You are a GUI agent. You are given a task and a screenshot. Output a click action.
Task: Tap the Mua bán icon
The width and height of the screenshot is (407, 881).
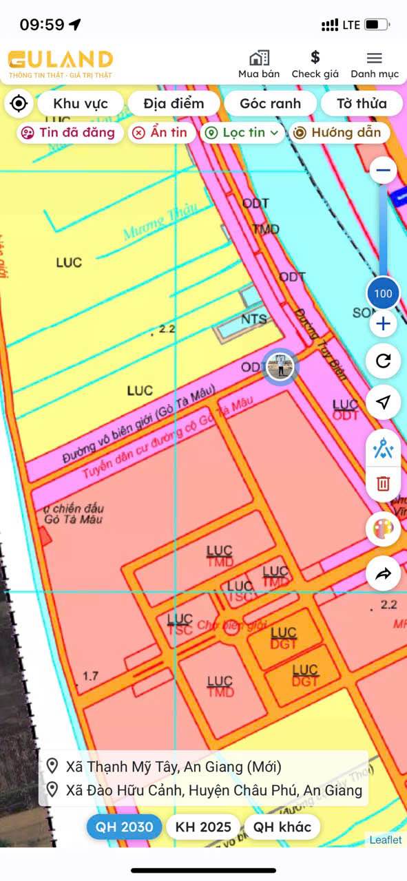tap(259, 58)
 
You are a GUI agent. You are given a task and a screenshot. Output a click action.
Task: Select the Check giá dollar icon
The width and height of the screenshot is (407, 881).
tap(315, 57)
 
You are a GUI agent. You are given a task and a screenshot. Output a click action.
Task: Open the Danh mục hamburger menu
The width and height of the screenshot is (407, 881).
tap(374, 58)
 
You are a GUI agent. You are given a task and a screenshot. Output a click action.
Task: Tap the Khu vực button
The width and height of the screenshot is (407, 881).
tap(81, 104)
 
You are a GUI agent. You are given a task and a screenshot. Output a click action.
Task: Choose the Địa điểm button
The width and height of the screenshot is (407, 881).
tap(174, 104)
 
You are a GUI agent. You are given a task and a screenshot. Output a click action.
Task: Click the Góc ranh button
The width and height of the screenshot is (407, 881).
tap(270, 104)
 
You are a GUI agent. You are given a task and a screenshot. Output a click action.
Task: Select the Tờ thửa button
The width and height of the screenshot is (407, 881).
tap(361, 104)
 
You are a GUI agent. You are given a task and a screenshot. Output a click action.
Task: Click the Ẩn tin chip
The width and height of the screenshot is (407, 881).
tap(160, 133)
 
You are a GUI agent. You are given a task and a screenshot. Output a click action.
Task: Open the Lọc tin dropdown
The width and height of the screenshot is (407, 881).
tap(242, 133)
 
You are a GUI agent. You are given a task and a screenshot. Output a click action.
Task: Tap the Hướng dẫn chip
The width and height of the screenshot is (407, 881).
tap(338, 133)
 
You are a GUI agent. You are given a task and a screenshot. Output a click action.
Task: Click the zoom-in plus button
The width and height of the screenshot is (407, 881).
tap(383, 323)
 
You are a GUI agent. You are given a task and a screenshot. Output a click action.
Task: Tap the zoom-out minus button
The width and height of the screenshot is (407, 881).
tap(383, 170)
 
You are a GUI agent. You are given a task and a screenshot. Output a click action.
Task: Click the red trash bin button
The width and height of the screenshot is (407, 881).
tap(383, 483)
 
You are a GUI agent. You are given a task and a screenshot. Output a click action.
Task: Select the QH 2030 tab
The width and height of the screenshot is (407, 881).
tap(124, 827)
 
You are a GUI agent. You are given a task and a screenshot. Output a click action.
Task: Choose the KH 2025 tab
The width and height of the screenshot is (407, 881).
tap(203, 827)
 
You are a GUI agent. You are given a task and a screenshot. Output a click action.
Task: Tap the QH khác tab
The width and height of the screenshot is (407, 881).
tap(282, 827)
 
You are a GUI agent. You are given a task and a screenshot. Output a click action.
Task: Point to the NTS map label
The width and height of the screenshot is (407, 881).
tap(253, 319)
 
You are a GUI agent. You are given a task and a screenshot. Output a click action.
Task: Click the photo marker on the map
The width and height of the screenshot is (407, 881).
tap(280, 366)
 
